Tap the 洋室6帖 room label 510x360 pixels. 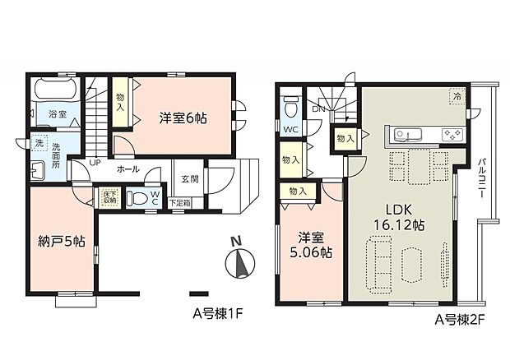[x=183, y=118]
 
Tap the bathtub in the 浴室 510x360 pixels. [x=54, y=89]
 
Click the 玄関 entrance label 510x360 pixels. [x=189, y=178]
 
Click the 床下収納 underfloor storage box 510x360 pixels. [x=110, y=198]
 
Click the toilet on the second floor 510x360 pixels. [x=290, y=107]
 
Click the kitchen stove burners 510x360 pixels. [x=452, y=134]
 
